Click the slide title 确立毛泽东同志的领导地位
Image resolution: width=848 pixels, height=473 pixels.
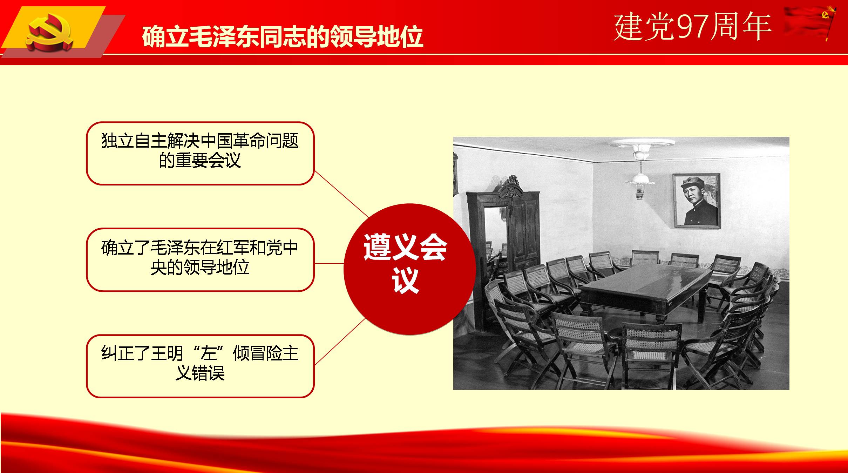click(283, 36)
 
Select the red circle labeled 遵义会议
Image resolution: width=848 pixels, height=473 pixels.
click(409, 269)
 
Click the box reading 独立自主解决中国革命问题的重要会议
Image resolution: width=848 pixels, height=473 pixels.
click(200, 153)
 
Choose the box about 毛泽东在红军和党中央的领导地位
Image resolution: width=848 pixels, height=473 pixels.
click(200, 260)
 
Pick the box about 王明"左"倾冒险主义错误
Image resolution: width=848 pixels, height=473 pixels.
click(200, 366)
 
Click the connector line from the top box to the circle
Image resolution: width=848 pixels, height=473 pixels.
click(342, 195)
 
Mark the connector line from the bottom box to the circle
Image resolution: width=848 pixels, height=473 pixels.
click(340, 342)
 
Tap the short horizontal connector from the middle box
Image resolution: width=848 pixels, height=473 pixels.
click(329, 263)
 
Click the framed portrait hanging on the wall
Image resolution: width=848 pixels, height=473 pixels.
click(697, 201)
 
